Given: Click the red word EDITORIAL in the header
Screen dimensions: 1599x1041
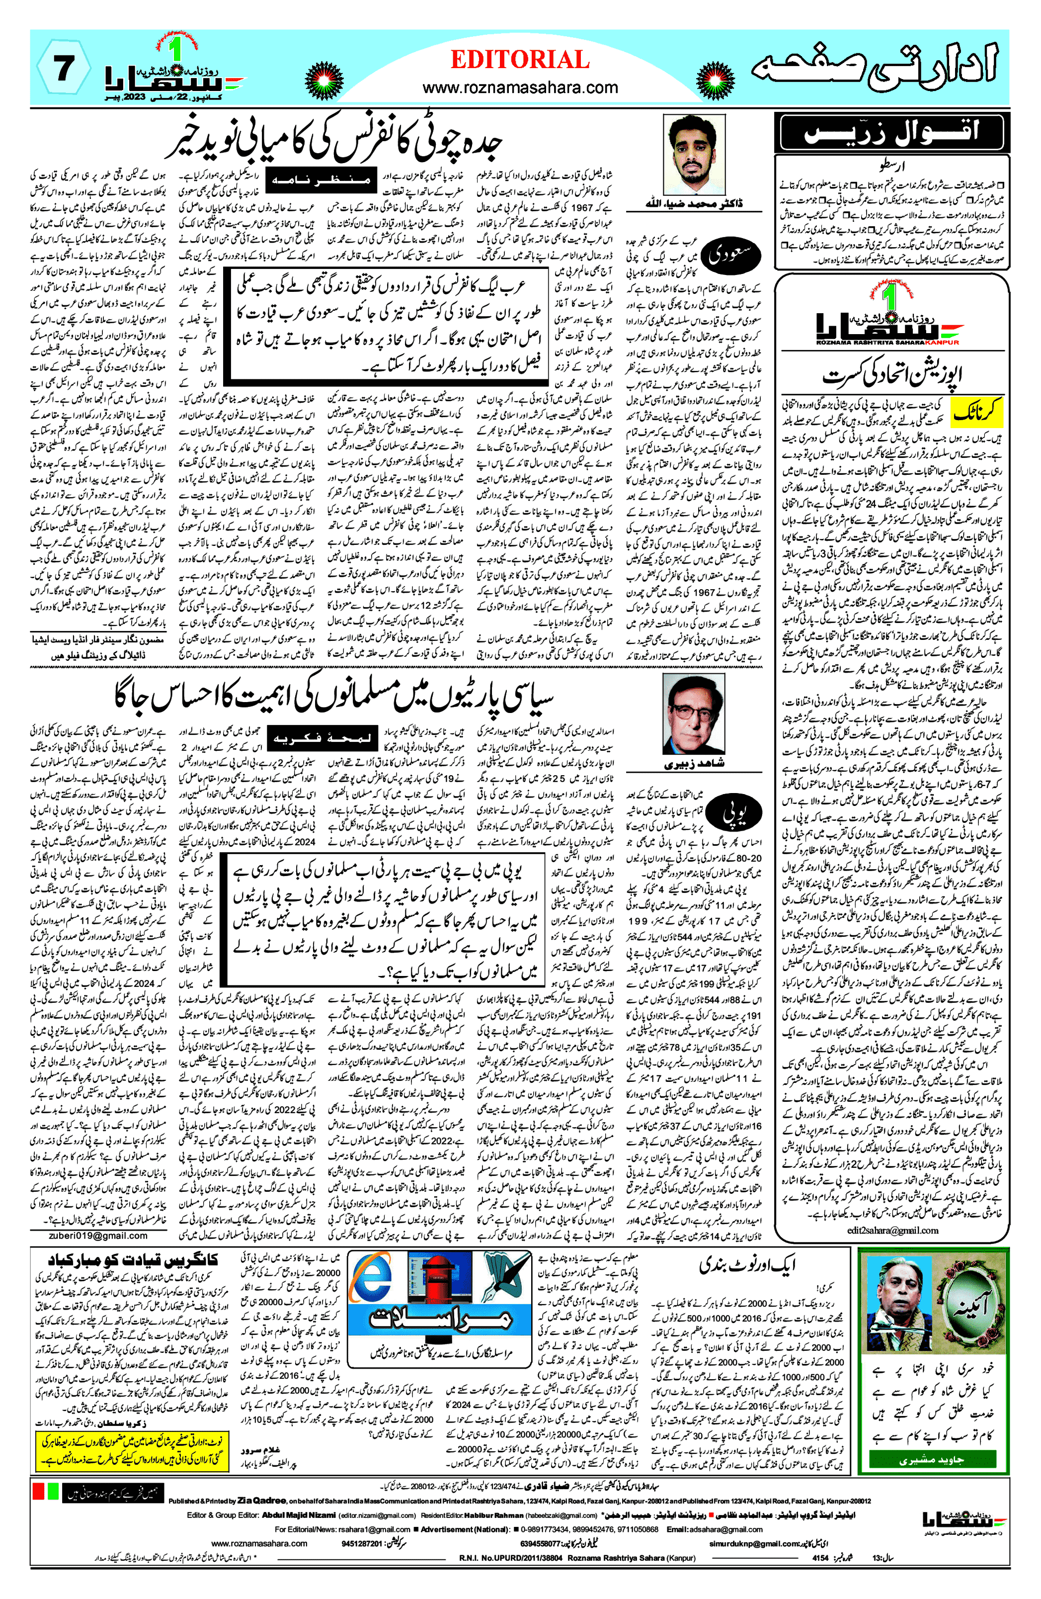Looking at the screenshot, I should (x=520, y=61).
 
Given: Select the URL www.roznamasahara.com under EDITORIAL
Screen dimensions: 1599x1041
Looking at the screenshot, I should (x=520, y=88).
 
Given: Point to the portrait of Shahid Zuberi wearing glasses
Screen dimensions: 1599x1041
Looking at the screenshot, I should (x=694, y=713).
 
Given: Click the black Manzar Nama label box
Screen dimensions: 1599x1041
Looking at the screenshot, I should (x=319, y=180).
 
